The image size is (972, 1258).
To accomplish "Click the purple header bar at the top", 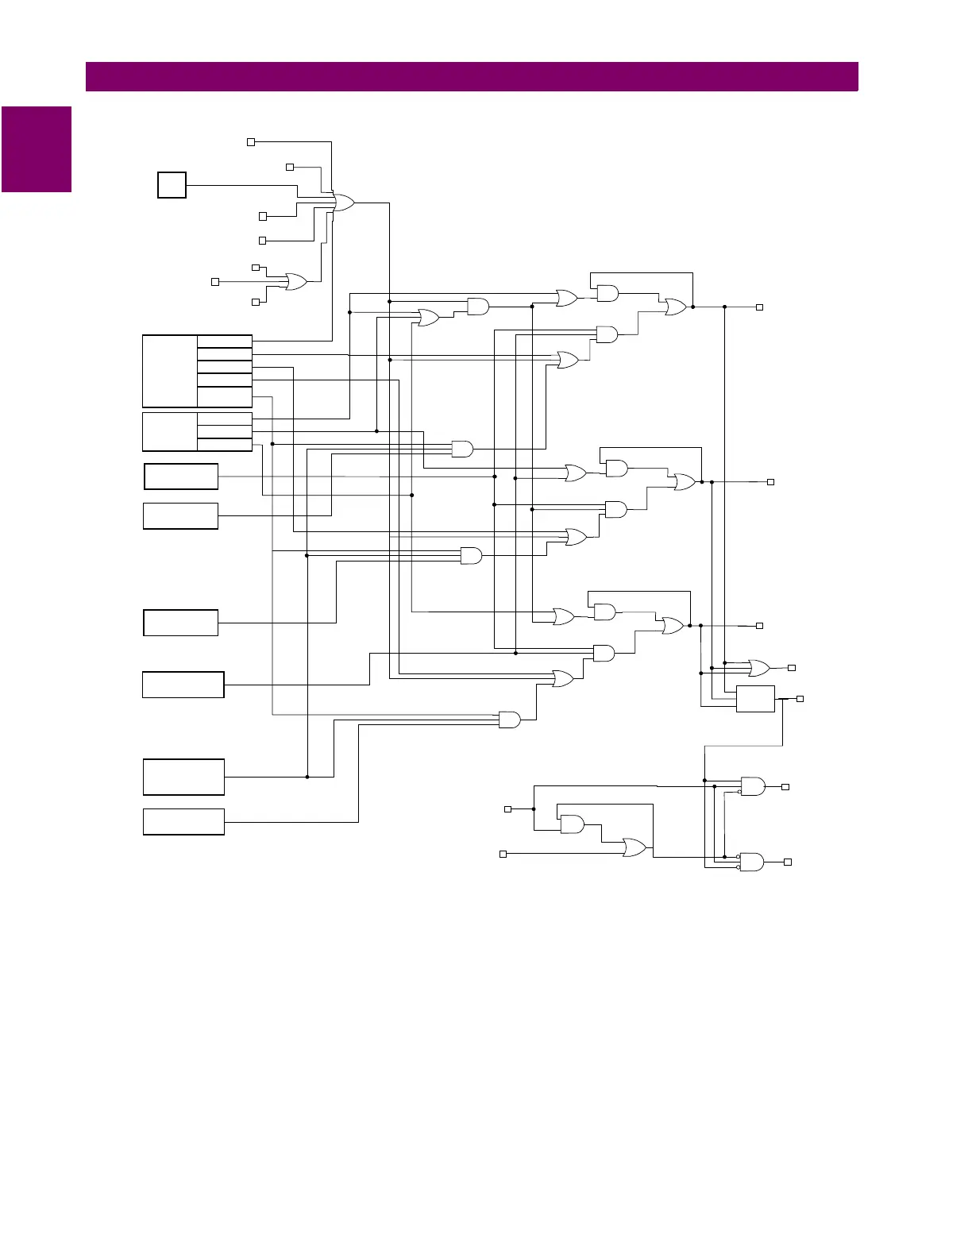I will pyautogui.click(x=472, y=77).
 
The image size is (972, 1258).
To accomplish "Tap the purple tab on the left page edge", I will pyautogui.click(x=37, y=149).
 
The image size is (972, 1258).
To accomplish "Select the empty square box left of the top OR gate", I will pyautogui.click(x=172, y=185).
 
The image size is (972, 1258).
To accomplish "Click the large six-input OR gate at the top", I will pyautogui.click(x=344, y=203).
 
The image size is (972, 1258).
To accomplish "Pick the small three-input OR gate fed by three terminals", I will pyautogui.click(x=296, y=281).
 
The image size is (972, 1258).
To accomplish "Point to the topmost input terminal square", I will pyautogui.click(x=251, y=142).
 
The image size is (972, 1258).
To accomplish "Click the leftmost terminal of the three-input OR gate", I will pyautogui.click(x=214, y=282).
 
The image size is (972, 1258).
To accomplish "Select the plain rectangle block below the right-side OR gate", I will pyautogui.click(x=755, y=698).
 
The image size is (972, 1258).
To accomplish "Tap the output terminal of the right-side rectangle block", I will pyautogui.click(x=800, y=699).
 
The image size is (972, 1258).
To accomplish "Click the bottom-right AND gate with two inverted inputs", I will pyautogui.click(x=751, y=862).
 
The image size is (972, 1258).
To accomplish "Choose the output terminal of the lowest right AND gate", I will pyautogui.click(x=788, y=862).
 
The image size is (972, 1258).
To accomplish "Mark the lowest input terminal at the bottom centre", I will pyautogui.click(x=503, y=854).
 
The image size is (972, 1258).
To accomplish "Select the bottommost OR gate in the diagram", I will pyautogui.click(x=634, y=847).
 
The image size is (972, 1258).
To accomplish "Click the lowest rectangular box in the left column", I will pyautogui.click(x=183, y=822).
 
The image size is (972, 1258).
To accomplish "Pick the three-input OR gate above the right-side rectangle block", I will pyautogui.click(x=758, y=667).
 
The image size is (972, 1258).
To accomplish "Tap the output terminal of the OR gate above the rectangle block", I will pyautogui.click(x=791, y=668).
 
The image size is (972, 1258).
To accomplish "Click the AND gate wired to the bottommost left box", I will pyautogui.click(x=509, y=720).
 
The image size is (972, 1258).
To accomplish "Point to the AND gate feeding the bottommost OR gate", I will pyautogui.click(x=572, y=824).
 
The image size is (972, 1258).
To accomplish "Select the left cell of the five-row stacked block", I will pyautogui.click(x=170, y=371).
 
